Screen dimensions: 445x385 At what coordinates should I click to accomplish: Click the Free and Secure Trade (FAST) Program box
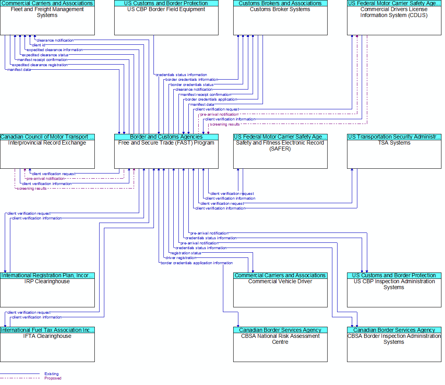pyautogui.click(x=166, y=151)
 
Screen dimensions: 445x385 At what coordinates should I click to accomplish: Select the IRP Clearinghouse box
pyautogui.click(x=47, y=290)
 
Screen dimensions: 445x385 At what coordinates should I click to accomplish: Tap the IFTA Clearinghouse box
pyautogui.click(x=47, y=345)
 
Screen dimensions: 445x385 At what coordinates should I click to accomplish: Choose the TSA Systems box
pyautogui.click(x=394, y=151)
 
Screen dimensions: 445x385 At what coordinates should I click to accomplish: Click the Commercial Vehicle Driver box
pyautogui.click(x=280, y=290)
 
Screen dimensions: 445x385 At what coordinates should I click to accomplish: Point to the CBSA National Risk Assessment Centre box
pyautogui.click(x=280, y=345)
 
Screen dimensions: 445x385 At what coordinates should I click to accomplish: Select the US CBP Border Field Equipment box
pyautogui.click(x=166, y=17)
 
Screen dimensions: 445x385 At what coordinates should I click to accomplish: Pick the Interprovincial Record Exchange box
pyautogui.click(x=47, y=151)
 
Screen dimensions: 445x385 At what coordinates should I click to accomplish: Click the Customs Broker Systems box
pyautogui.click(x=280, y=17)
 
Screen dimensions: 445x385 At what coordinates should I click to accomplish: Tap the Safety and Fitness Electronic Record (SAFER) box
pyautogui.click(x=280, y=151)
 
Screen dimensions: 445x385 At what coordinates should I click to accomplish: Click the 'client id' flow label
pyautogui.click(x=38, y=45)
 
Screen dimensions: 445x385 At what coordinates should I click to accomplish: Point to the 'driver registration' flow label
pyautogui.click(x=181, y=258)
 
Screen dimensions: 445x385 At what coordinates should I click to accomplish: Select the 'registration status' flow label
pyautogui.click(x=186, y=253)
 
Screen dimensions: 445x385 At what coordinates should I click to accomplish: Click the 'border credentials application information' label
pyautogui.click(x=197, y=263)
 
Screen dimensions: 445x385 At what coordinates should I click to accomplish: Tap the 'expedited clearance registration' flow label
pyautogui.click(x=40, y=65)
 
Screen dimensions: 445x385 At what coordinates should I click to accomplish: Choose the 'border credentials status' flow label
pyautogui.click(x=192, y=85)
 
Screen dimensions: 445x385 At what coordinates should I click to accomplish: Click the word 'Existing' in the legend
pyautogui.click(x=52, y=374)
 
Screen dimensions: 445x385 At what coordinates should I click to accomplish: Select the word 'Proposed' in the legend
pyautogui.click(x=53, y=378)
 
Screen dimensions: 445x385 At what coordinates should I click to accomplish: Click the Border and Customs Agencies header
pyautogui.click(x=166, y=137)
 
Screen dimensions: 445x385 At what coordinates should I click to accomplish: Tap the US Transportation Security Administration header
pyautogui.click(x=394, y=137)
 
